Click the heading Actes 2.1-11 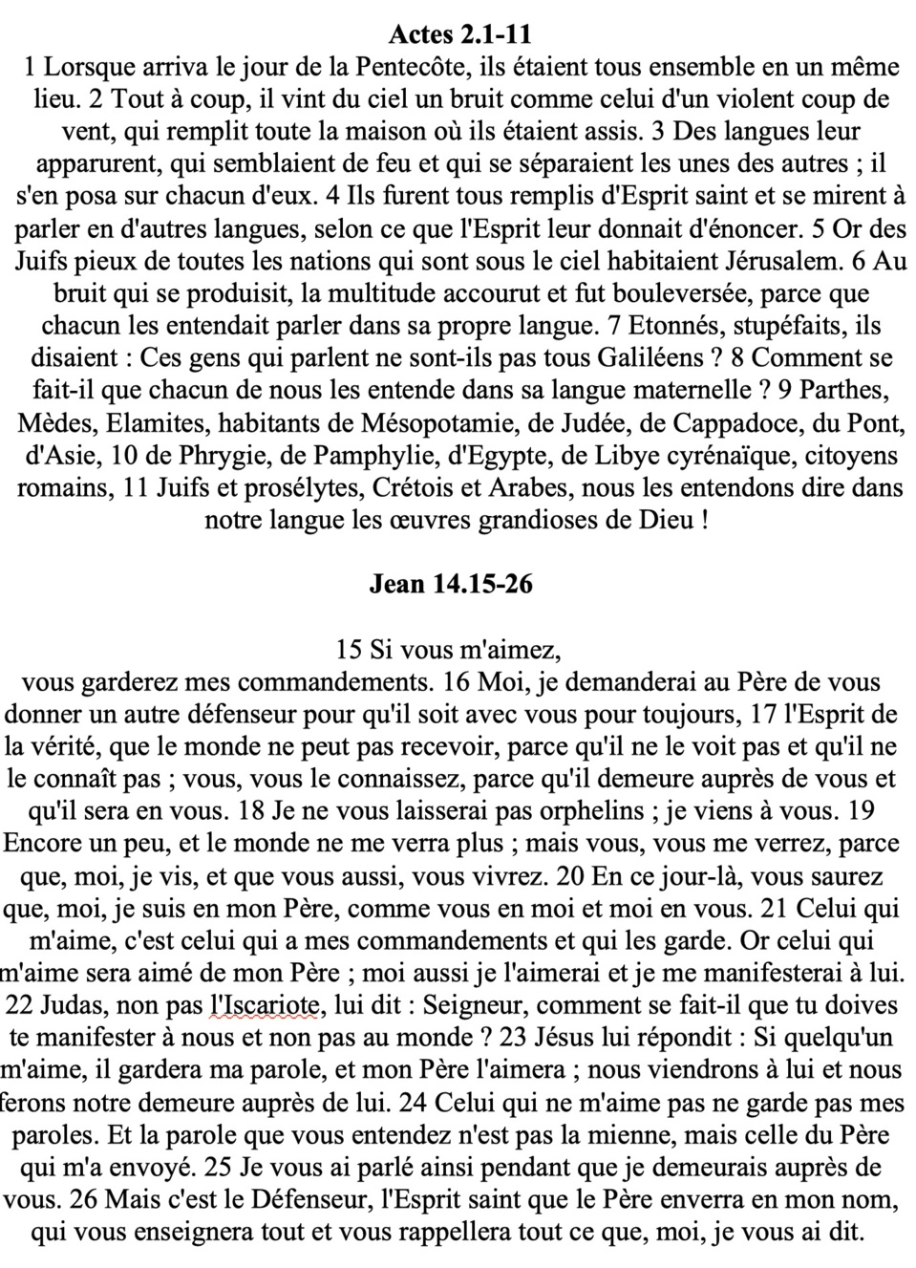(x=458, y=35)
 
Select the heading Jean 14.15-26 (x=451, y=584)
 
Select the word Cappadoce (x=728, y=422)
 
